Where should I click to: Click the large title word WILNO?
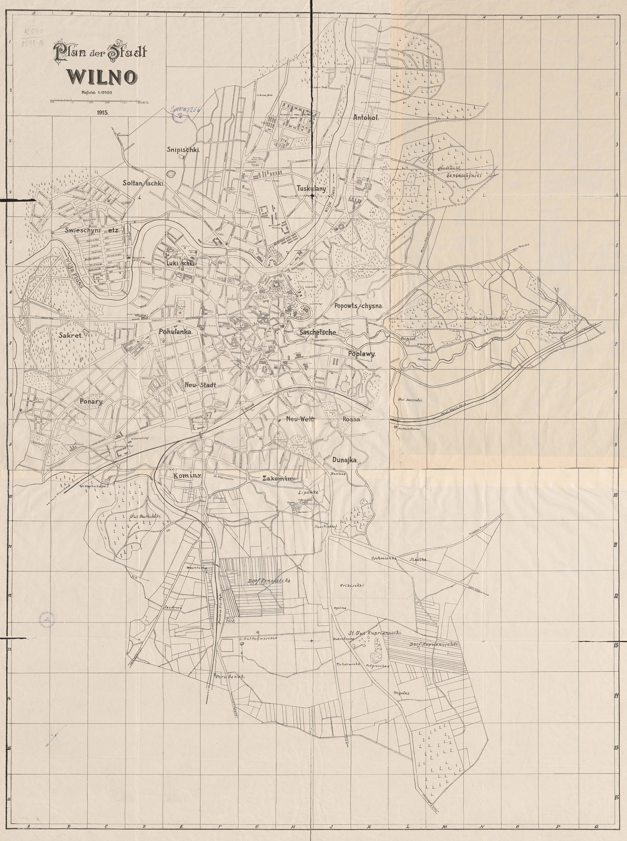click(103, 77)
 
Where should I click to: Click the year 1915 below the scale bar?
click(103, 113)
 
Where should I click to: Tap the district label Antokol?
click(366, 118)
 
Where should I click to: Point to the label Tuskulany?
click(312, 189)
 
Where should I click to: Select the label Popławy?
click(362, 353)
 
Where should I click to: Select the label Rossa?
click(351, 420)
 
